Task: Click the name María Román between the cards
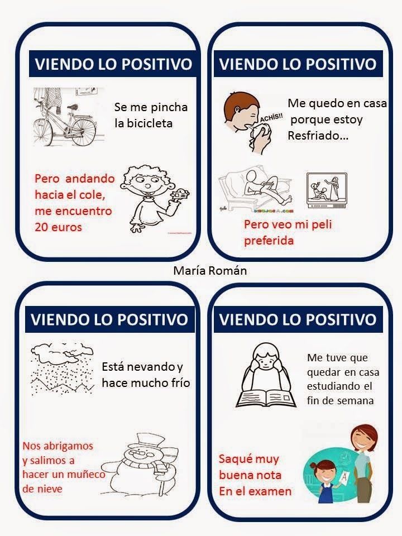[x=210, y=271]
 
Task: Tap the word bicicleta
[x=143, y=123]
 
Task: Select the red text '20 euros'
[x=58, y=227]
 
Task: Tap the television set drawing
[x=327, y=190]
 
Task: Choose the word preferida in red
[x=269, y=240]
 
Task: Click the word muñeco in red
[x=86, y=475]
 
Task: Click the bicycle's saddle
[x=74, y=107]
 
